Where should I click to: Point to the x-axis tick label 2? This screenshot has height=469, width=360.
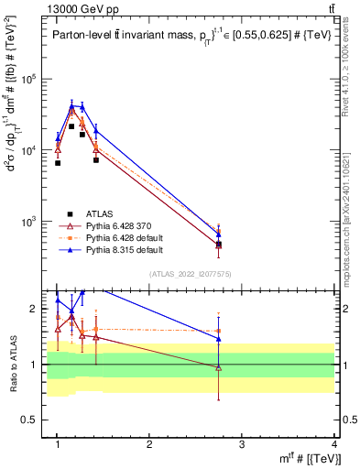(x=149, y=443)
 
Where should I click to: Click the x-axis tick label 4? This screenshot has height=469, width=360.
(x=333, y=443)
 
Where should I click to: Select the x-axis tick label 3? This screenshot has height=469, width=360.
(x=242, y=443)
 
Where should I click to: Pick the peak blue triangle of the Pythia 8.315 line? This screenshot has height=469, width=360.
(x=71, y=105)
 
